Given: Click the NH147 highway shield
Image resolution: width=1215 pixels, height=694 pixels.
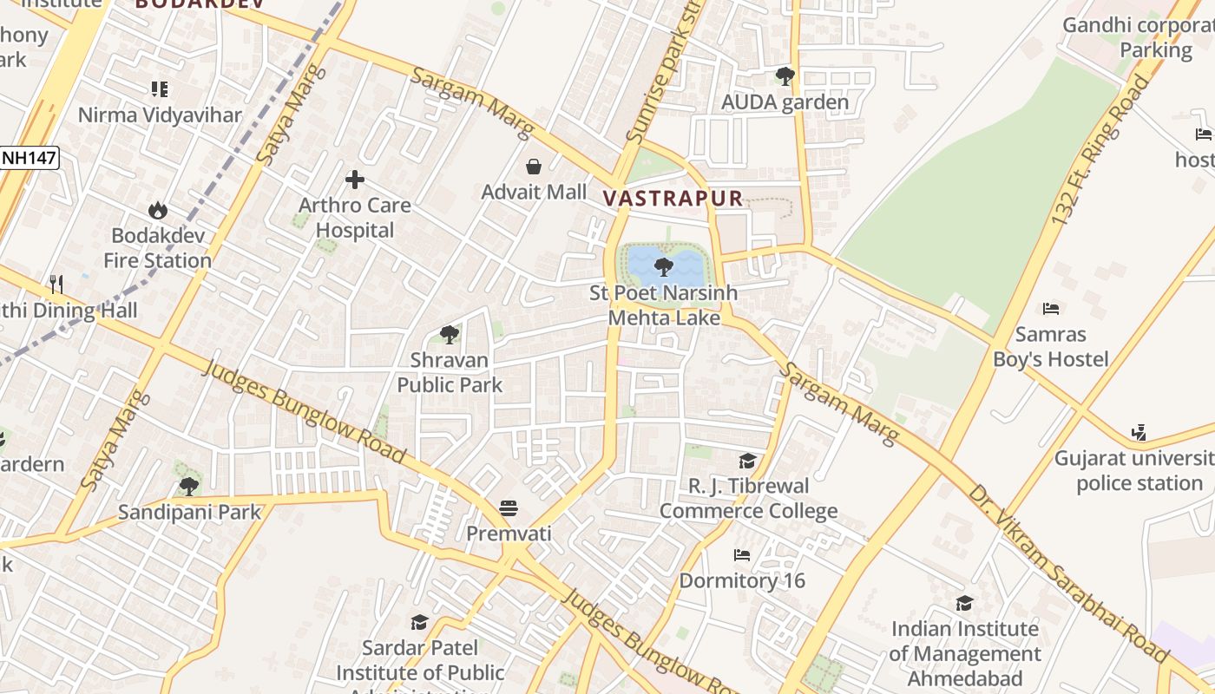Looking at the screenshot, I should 28,158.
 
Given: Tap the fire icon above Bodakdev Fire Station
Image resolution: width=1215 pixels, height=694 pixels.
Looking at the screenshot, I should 157,210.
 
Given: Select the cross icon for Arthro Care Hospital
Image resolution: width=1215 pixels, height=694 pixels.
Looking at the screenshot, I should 354,180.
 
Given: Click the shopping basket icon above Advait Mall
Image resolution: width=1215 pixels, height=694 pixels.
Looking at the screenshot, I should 534,166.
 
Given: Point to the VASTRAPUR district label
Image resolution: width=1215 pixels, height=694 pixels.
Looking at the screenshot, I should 673,198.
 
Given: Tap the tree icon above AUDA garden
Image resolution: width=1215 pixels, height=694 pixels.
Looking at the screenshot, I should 785,76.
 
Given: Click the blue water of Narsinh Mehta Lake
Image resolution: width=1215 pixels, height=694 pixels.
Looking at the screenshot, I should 642,260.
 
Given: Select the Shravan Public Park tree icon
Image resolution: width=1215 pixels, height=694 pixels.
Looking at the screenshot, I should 449,334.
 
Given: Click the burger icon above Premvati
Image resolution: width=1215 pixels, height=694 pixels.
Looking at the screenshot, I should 509,507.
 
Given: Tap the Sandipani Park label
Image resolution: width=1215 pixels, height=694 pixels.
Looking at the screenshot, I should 189,512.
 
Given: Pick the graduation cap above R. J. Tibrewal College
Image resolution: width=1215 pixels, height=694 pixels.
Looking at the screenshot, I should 747,461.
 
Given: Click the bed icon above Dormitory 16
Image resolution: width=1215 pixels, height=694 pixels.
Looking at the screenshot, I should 741,555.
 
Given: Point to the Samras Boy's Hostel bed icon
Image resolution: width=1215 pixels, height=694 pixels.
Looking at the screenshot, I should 1050,308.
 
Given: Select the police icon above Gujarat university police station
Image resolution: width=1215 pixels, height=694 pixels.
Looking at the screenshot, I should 1139,432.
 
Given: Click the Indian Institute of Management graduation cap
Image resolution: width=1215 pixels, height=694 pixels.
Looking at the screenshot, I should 963,603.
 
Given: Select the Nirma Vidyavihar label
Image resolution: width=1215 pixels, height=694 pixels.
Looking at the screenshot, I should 160,115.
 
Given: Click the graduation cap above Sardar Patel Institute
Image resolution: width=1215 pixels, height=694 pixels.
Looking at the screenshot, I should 420,622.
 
